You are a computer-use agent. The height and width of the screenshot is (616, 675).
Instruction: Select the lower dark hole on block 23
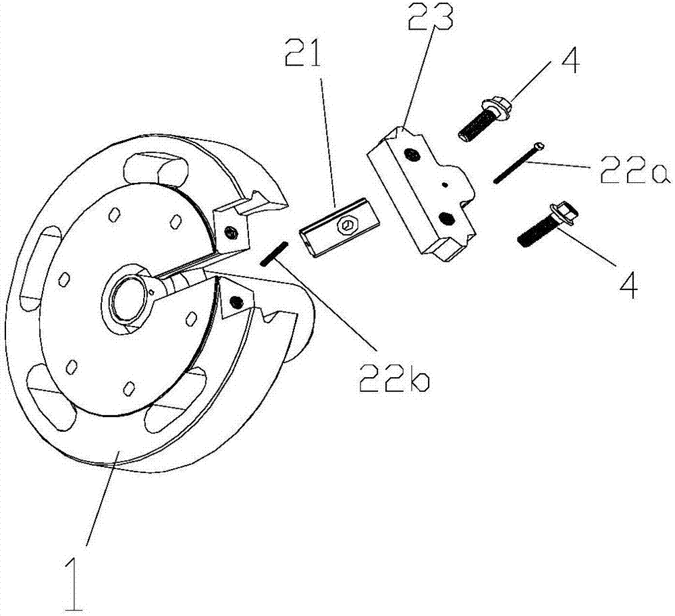coord(445,218)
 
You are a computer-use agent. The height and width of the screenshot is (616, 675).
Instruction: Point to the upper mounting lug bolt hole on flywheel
coord(232,233)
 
